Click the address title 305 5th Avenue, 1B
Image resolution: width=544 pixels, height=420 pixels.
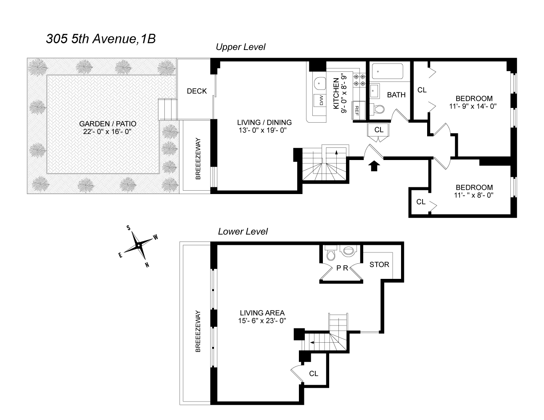[x=100, y=39]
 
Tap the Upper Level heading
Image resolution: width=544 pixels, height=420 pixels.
[x=240, y=47]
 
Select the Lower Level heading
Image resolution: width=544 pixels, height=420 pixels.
[x=243, y=231]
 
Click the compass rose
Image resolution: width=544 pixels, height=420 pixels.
[x=138, y=246]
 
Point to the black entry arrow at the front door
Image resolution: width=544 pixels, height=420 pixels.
[x=374, y=166]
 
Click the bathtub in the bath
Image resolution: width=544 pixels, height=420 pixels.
[x=387, y=71]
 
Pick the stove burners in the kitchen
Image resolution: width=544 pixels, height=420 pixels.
[x=359, y=80]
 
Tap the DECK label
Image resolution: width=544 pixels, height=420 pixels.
[x=197, y=91]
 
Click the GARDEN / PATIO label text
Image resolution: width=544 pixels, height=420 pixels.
[x=108, y=124]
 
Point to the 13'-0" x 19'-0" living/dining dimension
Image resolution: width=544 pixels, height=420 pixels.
[x=262, y=130]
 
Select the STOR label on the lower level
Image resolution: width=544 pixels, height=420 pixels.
[x=379, y=265]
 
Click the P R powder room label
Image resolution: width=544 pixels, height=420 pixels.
[x=342, y=268]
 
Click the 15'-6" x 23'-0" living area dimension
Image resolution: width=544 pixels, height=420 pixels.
[x=262, y=321]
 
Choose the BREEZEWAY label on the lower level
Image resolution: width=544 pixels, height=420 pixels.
[x=198, y=331]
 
